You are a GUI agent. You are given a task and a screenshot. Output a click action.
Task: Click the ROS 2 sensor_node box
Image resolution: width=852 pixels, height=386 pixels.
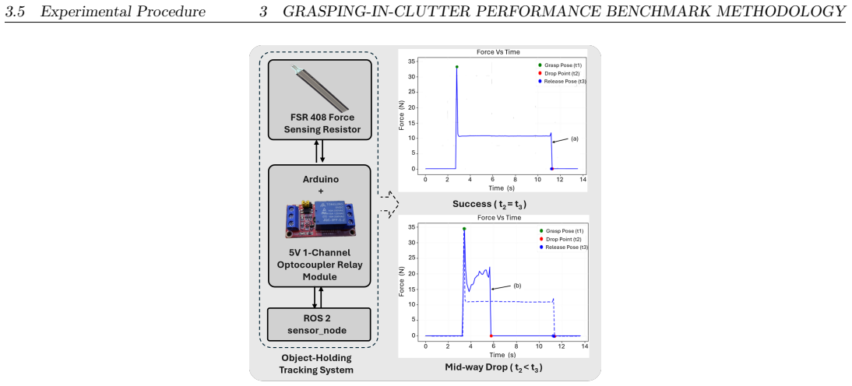[319, 325]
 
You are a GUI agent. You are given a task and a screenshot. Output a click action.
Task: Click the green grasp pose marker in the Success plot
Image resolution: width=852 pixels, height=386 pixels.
[457, 67]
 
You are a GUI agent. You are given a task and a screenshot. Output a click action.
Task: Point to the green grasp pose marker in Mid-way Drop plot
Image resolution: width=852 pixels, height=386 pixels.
[464, 229]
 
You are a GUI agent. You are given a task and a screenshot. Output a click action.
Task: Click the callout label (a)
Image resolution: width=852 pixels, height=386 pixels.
[574, 139]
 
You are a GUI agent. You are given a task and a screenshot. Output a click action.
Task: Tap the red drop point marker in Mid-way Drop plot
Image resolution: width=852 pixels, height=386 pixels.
[491, 336]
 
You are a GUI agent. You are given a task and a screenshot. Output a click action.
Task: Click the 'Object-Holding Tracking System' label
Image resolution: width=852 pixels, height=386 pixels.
[316, 364]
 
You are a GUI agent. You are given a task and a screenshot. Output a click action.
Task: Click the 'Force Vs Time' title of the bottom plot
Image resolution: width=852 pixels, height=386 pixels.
[498, 218]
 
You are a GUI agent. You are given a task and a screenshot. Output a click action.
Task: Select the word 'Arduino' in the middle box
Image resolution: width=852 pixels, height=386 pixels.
[319, 180]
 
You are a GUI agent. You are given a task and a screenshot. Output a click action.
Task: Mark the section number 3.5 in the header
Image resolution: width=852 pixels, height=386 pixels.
[15, 12]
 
